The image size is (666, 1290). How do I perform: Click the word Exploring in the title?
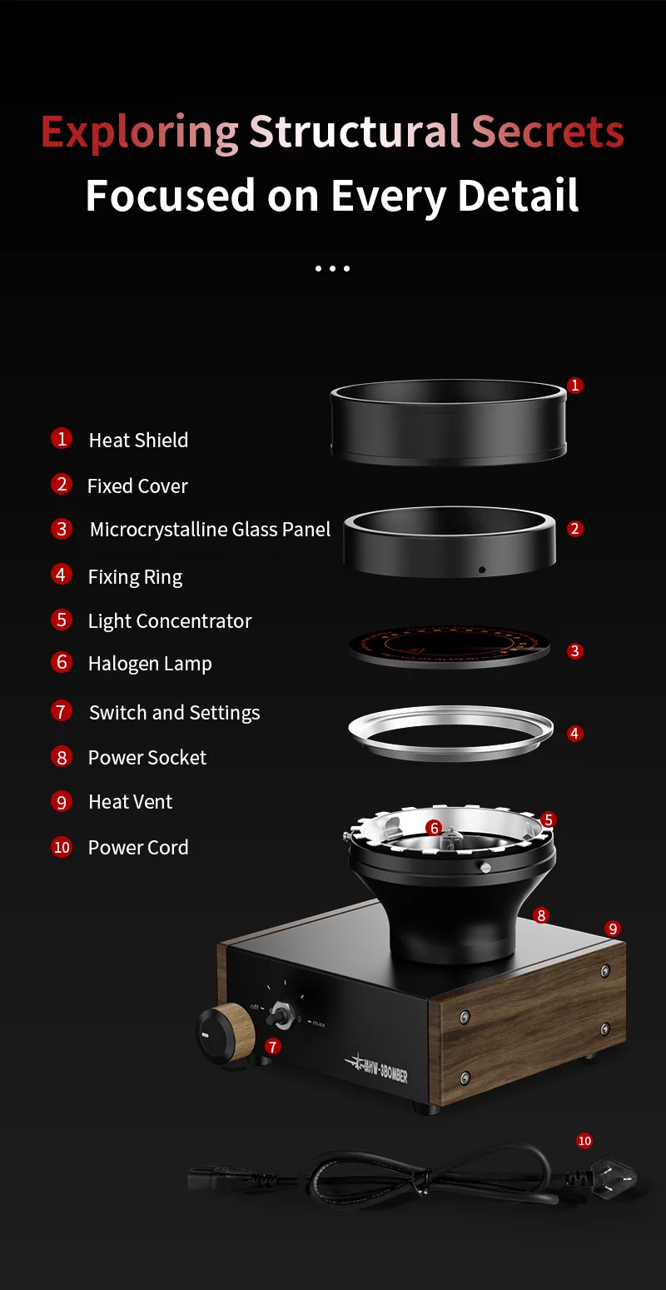140,132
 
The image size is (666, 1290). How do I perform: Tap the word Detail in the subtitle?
518,196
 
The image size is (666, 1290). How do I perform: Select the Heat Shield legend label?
138,440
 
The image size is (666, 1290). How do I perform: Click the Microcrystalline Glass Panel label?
210,530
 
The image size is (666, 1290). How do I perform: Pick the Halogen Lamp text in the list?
150,664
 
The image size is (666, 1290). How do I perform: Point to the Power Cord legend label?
138,847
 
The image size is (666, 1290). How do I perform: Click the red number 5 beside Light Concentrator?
62,620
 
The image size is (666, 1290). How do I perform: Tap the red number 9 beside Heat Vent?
62,801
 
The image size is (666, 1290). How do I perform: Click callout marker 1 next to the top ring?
574,386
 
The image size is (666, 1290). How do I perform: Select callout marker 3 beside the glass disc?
574,651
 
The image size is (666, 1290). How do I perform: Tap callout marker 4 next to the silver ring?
574,734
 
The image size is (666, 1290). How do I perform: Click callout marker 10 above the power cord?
584,1141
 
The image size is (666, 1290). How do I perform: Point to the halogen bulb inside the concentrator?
450,836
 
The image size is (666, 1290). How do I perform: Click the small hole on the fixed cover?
481,570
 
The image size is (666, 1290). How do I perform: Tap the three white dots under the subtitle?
332,269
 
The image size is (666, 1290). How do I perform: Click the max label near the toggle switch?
318,1024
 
